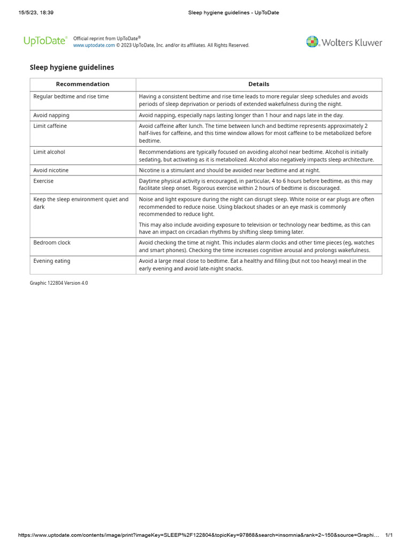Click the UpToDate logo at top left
tap(45, 41)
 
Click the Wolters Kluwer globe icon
tap(312, 42)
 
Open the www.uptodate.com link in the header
tap(94, 45)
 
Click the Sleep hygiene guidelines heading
tap(72, 67)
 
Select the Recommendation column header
tap(82, 84)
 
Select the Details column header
tap(258, 84)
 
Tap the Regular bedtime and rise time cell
tap(71, 97)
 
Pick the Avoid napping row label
tap(51, 115)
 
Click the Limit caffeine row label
tap(50, 126)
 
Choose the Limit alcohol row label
tap(49, 152)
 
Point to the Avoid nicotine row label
tap(51, 170)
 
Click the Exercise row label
tap(43, 181)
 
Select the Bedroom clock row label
tap(52, 243)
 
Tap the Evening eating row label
tap(52, 261)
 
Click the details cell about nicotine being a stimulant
tap(229, 170)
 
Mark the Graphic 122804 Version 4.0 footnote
tap(59, 283)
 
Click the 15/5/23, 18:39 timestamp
tap(36, 13)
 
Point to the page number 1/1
tap(389, 535)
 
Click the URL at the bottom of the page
tap(198, 535)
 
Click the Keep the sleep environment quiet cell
tap(81, 203)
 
